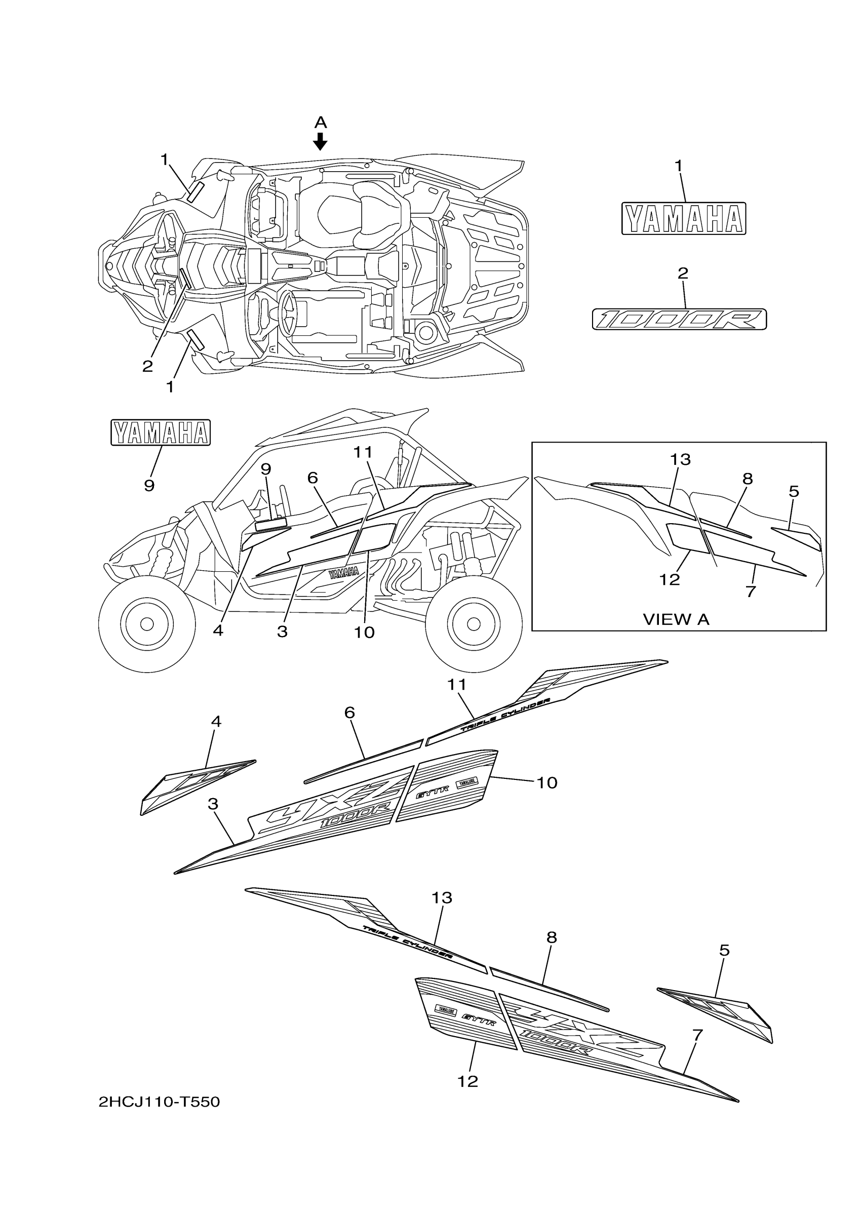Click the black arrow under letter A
(x=320, y=142)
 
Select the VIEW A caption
(x=676, y=619)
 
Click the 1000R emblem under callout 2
(x=679, y=320)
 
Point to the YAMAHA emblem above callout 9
(x=160, y=433)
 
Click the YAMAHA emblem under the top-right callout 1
(x=684, y=218)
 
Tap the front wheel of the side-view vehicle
(x=147, y=622)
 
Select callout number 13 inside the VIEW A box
(x=680, y=459)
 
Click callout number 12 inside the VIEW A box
(x=670, y=580)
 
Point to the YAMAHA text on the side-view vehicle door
(x=343, y=572)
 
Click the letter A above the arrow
(x=321, y=123)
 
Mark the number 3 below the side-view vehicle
(x=282, y=632)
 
